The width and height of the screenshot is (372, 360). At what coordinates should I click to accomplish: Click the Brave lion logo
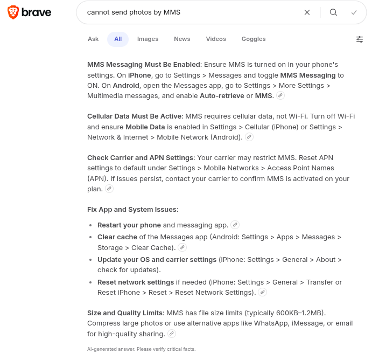click(x=13, y=12)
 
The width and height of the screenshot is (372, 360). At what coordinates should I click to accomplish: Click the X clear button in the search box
click(x=307, y=12)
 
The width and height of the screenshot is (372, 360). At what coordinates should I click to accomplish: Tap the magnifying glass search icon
click(x=333, y=12)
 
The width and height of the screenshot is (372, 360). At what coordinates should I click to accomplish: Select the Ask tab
click(x=93, y=39)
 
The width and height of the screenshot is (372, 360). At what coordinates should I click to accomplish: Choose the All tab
click(x=118, y=39)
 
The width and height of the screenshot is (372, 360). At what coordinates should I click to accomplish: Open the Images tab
click(x=148, y=39)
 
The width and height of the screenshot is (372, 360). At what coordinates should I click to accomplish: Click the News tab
click(x=182, y=39)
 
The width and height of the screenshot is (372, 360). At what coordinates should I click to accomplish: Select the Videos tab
click(x=216, y=39)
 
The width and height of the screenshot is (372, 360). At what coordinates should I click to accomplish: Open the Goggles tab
click(x=254, y=39)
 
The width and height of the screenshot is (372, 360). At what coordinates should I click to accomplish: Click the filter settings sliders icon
click(x=360, y=39)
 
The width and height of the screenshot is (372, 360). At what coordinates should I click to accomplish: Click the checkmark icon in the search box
click(x=354, y=12)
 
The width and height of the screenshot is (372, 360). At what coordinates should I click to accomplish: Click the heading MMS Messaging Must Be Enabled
click(x=144, y=65)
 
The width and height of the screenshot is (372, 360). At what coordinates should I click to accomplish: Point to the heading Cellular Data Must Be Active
click(x=135, y=116)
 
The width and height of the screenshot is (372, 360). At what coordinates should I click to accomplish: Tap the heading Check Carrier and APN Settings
click(x=140, y=158)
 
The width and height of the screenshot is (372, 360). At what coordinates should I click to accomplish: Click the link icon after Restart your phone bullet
click(x=235, y=225)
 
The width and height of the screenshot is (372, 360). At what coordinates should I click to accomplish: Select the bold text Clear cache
click(x=117, y=237)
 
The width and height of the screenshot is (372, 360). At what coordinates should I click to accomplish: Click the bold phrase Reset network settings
click(x=136, y=282)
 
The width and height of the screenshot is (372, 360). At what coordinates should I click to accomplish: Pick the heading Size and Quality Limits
click(x=125, y=313)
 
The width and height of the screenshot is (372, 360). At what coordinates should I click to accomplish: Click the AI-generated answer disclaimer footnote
click(x=141, y=349)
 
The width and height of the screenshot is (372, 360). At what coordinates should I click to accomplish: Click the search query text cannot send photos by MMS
click(x=134, y=12)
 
